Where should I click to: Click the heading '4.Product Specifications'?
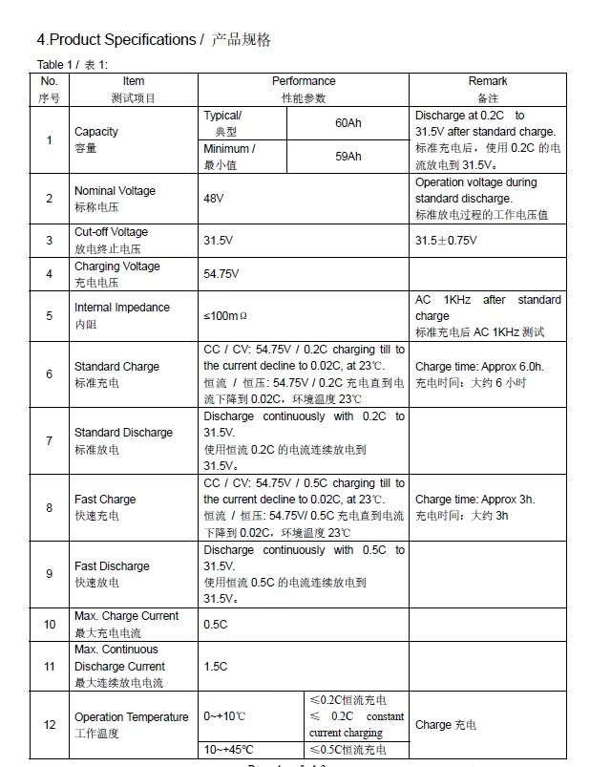116,39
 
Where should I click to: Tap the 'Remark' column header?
488,81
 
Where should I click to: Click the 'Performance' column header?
304,81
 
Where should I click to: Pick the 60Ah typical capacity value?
348,123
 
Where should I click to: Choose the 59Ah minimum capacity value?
348,156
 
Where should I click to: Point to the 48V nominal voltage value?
214,198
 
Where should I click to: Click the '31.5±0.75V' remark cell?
446,240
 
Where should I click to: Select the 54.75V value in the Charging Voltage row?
221,274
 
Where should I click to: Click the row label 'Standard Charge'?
116,367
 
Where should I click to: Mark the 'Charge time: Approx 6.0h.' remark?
479,367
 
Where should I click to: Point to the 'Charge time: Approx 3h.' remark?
474,500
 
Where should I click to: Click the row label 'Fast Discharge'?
112,566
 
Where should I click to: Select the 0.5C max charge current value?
215,624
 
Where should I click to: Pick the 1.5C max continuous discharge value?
215,666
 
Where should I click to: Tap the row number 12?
50,725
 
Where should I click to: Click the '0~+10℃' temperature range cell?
224,716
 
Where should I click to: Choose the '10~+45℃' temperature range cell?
229,749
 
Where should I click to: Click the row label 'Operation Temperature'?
131,717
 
